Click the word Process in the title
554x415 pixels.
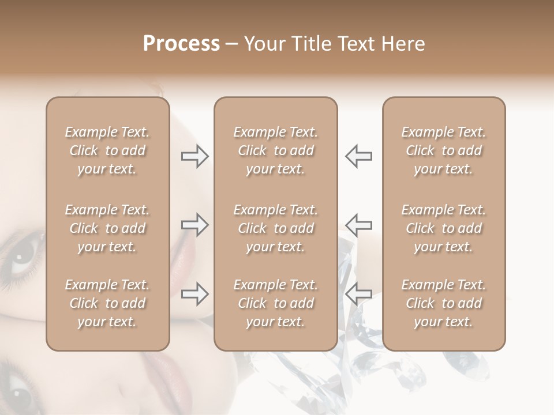click(x=181, y=44)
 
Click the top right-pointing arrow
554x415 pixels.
click(x=194, y=156)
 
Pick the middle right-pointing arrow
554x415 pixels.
click(x=194, y=225)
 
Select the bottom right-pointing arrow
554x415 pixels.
click(x=194, y=295)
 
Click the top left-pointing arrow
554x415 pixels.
click(x=358, y=156)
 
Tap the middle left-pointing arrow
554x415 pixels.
click(x=358, y=225)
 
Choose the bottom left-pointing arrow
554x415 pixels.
click(x=358, y=295)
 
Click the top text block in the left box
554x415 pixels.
click(x=107, y=150)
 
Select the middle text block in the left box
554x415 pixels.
click(x=107, y=228)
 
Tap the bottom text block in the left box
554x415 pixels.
click(x=107, y=303)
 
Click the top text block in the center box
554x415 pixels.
click(x=275, y=150)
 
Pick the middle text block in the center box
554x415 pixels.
click(x=275, y=228)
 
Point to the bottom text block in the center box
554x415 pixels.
click(x=275, y=303)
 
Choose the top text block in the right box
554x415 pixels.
click(x=443, y=150)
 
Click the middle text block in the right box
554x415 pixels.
click(x=443, y=228)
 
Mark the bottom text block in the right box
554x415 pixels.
click(x=443, y=303)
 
